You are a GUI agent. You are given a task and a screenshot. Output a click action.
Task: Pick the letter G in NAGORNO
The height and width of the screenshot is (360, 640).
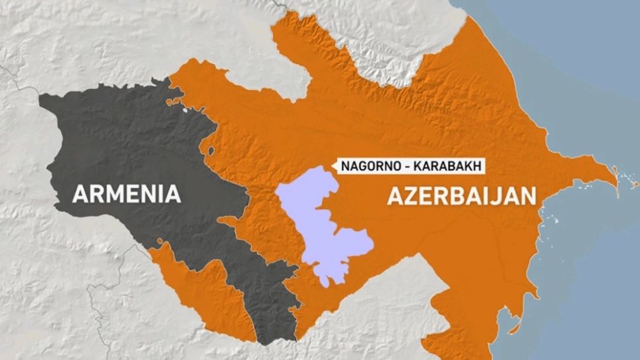[x=361, y=166]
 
